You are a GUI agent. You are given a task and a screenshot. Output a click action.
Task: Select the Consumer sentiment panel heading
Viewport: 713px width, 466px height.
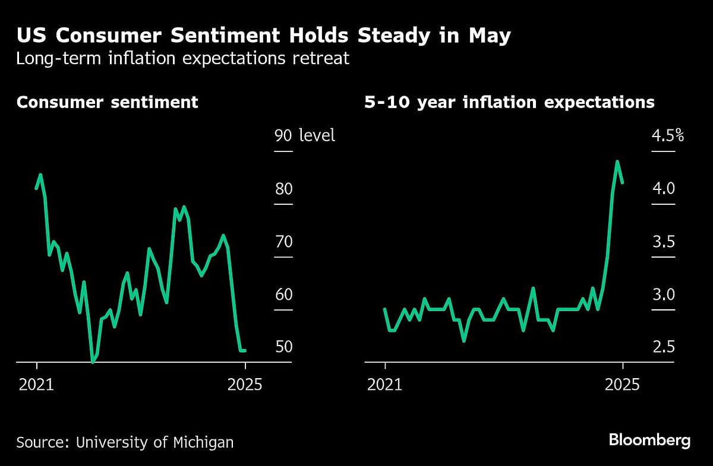(x=107, y=102)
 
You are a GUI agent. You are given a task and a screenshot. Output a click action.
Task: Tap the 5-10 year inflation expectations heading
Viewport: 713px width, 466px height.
(x=509, y=102)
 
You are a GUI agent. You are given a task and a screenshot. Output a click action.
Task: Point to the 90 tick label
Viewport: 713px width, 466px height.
(x=283, y=135)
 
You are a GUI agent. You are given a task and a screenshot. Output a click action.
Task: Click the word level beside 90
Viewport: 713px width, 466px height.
(x=317, y=135)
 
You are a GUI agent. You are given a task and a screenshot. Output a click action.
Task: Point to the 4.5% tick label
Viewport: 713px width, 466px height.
(x=668, y=135)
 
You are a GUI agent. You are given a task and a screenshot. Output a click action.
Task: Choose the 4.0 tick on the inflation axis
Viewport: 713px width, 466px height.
(x=663, y=189)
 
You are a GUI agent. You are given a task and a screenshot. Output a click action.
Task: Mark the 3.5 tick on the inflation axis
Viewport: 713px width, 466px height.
(x=663, y=242)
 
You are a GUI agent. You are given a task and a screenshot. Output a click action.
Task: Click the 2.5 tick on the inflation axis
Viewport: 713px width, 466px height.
(x=663, y=347)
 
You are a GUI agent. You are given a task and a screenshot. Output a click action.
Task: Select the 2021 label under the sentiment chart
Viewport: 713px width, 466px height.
(x=36, y=385)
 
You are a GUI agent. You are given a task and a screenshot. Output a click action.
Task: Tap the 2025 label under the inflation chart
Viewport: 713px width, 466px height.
(x=623, y=385)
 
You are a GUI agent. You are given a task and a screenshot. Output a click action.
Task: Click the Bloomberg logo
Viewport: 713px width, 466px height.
(x=649, y=440)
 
